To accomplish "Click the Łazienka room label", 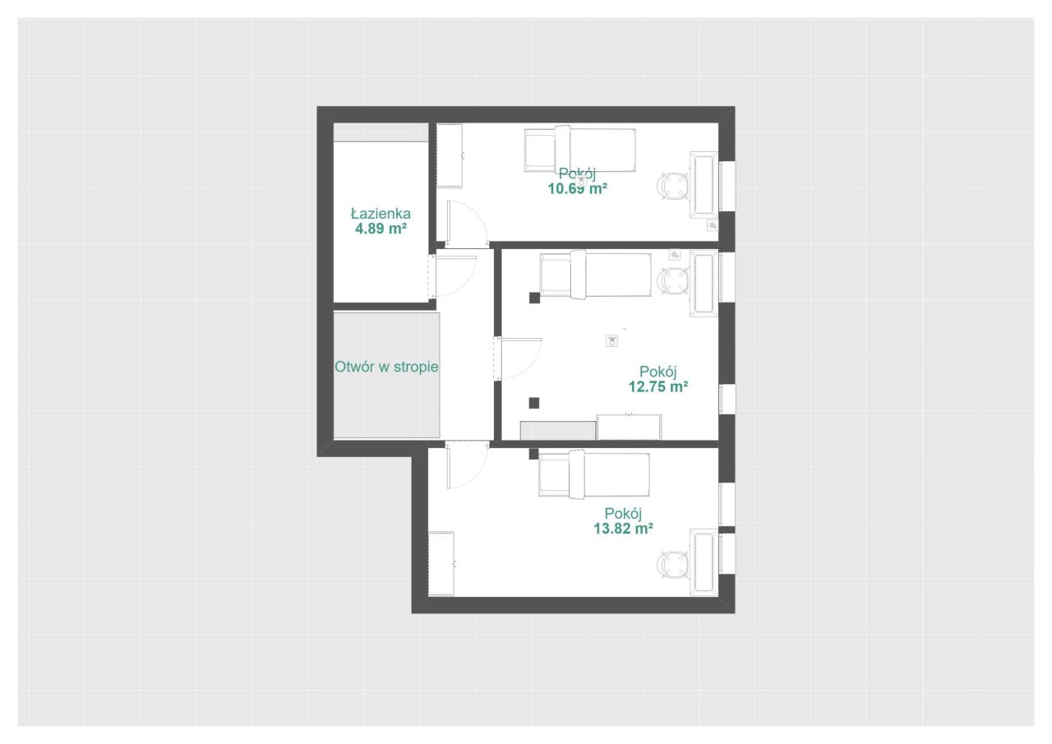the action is (x=381, y=214).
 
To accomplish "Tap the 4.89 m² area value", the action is (x=381, y=229).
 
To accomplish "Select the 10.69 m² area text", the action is (x=577, y=189).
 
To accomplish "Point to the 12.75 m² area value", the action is (x=658, y=386).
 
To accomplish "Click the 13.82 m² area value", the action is (x=623, y=529).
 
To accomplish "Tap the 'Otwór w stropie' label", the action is (x=386, y=367).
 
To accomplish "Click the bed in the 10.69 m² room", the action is (x=580, y=150).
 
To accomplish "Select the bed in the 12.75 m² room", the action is (x=596, y=275).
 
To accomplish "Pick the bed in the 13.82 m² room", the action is (x=594, y=474).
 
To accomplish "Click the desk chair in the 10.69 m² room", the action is (x=672, y=187).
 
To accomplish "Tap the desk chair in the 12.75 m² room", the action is (x=672, y=281).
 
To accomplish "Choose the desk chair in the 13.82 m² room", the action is (x=672, y=566).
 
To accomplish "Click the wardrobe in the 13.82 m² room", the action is (x=441, y=564).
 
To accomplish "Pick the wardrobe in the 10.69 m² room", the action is (x=450, y=156).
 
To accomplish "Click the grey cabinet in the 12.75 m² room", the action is (x=558, y=431).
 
